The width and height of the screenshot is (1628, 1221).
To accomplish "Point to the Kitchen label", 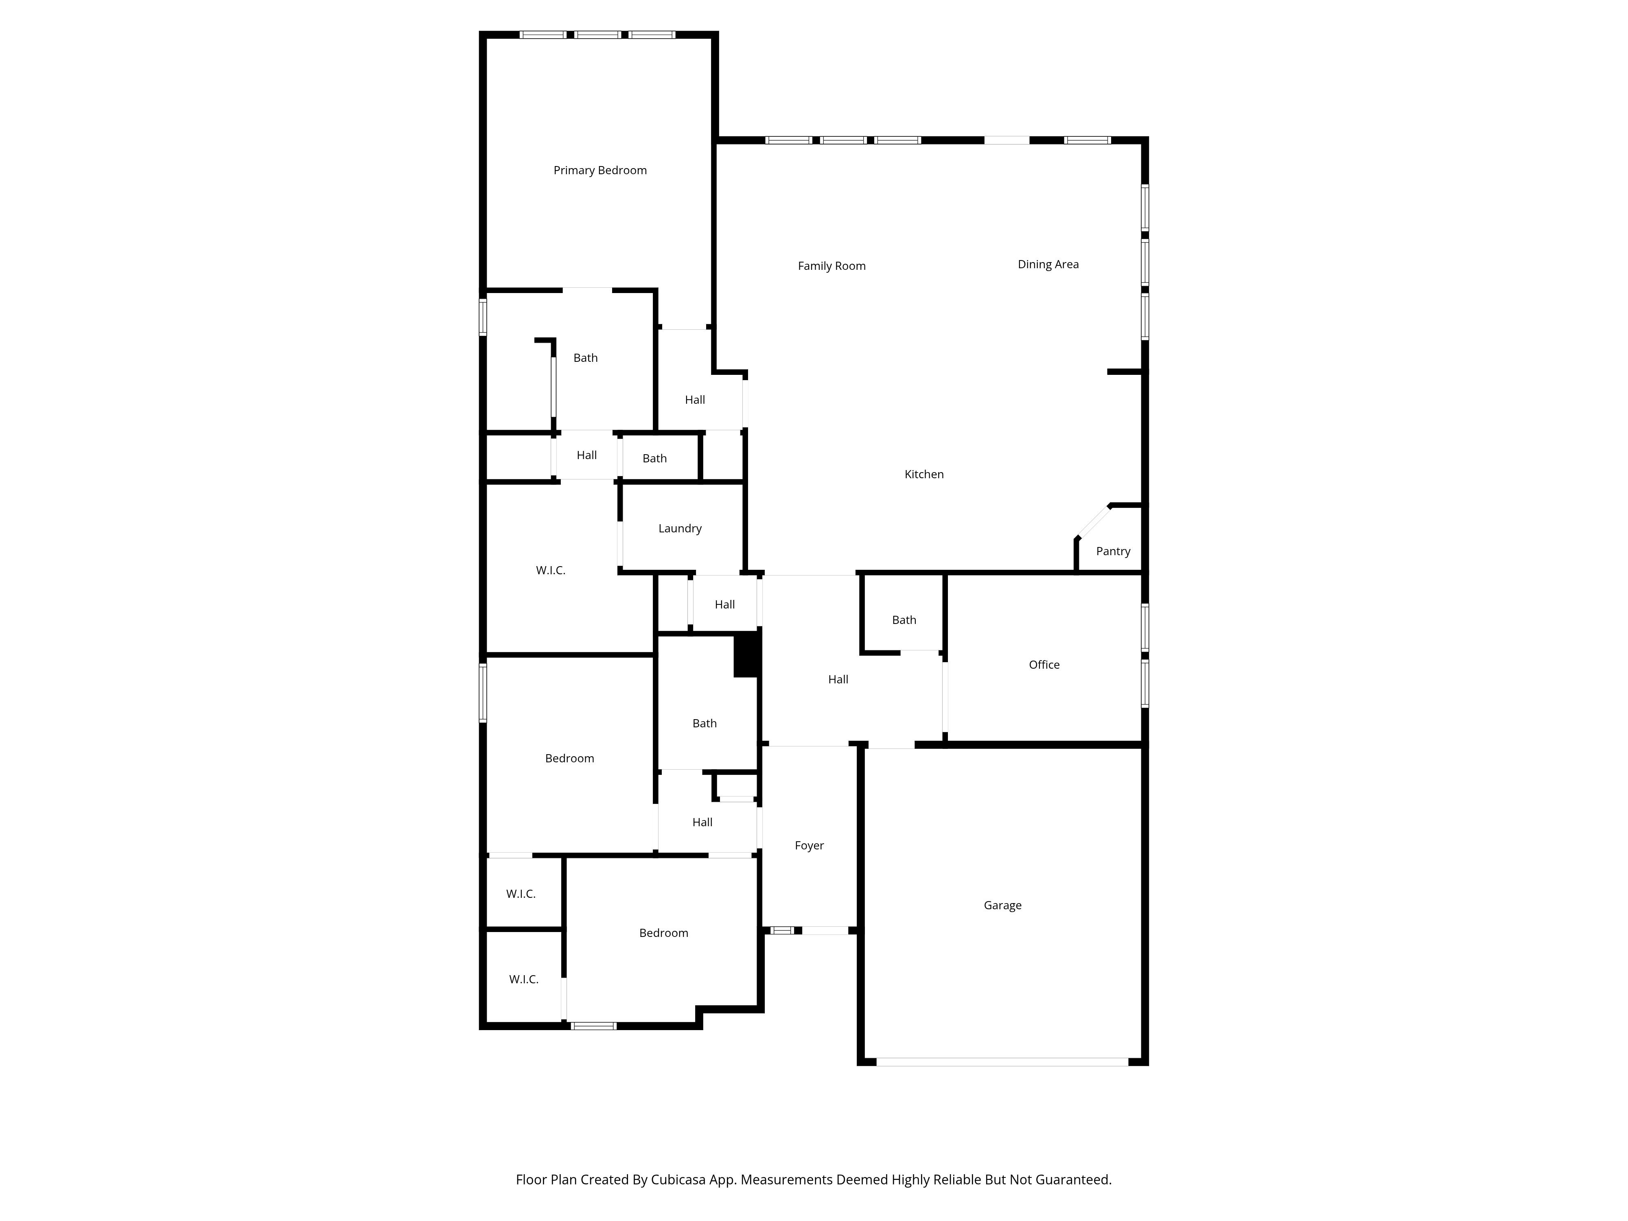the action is pos(923,475).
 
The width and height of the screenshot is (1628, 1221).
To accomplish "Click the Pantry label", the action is pos(1113,551).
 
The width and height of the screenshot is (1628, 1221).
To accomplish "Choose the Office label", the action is pos(1044,665).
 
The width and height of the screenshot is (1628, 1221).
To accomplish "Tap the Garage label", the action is pos(1002,905).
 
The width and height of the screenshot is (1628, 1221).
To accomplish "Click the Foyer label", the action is pos(809,846).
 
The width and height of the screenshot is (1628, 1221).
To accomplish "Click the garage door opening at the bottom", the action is pos(1002,1062).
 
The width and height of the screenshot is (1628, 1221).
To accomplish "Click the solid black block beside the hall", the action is pos(746,654).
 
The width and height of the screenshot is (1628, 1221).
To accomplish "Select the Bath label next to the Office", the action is pos(904,620).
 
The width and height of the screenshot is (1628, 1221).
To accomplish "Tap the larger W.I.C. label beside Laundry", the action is pos(551,570).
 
